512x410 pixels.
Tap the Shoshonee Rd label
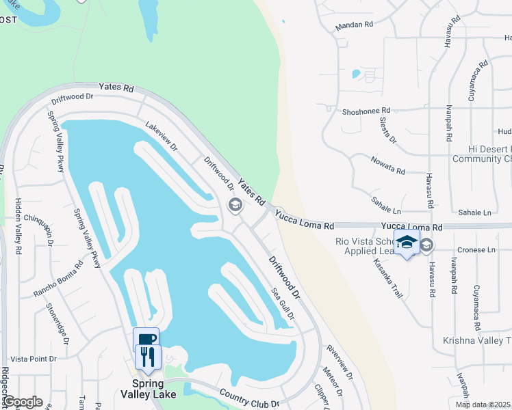tap(366, 110)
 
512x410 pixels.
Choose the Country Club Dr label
tap(250, 398)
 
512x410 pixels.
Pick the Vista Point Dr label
tap(33, 359)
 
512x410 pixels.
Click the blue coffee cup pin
tap(146, 338)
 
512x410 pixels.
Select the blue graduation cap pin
tap(407, 242)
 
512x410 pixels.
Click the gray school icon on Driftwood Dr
tap(235, 205)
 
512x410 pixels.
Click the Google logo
tap(23, 402)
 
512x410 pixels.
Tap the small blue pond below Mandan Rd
tap(355, 73)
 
